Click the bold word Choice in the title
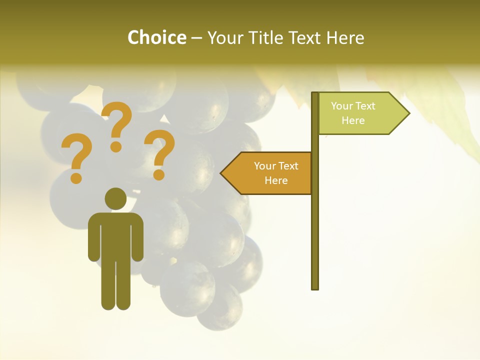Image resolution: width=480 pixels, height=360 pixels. click(156, 37)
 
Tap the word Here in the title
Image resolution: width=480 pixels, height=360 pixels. click(345, 37)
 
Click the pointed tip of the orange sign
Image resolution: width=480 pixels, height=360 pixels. click(222, 173)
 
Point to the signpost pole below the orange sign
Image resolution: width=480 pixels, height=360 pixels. click(315, 240)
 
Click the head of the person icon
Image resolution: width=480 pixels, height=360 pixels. click(115, 198)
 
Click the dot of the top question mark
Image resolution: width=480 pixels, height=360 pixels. click(116, 146)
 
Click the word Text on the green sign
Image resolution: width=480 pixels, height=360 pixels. click(365, 106)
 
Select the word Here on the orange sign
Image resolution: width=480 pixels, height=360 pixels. click(276, 180)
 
